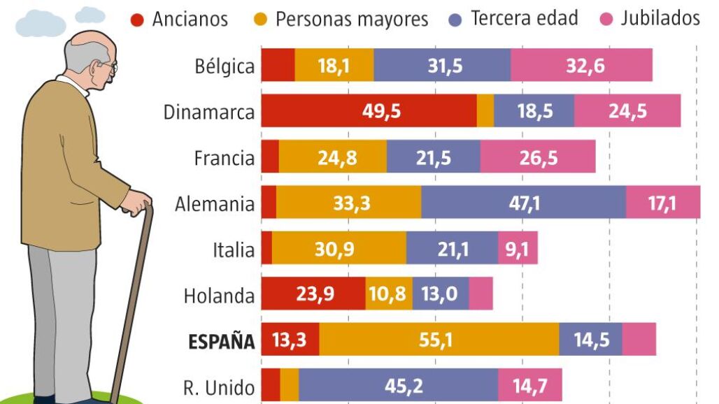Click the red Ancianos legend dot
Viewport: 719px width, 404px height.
pyautogui.click(x=137, y=19)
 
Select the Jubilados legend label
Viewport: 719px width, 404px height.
pyautogui.click(x=660, y=18)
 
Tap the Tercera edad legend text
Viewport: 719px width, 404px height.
pyautogui.click(x=524, y=18)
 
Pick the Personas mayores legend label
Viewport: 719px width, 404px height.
pyautogui.click(x=351, y=19)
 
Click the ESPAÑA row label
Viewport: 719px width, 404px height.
pyautogui.click(x=221, y=342)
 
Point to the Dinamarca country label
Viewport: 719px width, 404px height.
pyautogui.click(x=208, y=112)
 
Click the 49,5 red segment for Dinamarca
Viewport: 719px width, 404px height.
pyautogui.click(x=369, y=111)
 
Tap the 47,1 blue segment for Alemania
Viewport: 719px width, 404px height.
pyautogui.click(x=523, y=203)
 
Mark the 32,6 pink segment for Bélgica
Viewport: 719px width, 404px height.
pyautogui.click(x=581, y=65)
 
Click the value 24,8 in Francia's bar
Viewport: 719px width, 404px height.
pyautogui.click(x=337, y=157)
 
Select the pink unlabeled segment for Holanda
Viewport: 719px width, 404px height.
pyautogui.click(x=480, y=294)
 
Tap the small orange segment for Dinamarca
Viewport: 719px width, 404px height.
pyautogui.click(x=485, y=111)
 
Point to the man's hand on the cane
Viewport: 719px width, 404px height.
pyautogui.click(x=136, y=202)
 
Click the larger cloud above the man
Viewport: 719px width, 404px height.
pyautogui.click(x=40, y=24)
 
